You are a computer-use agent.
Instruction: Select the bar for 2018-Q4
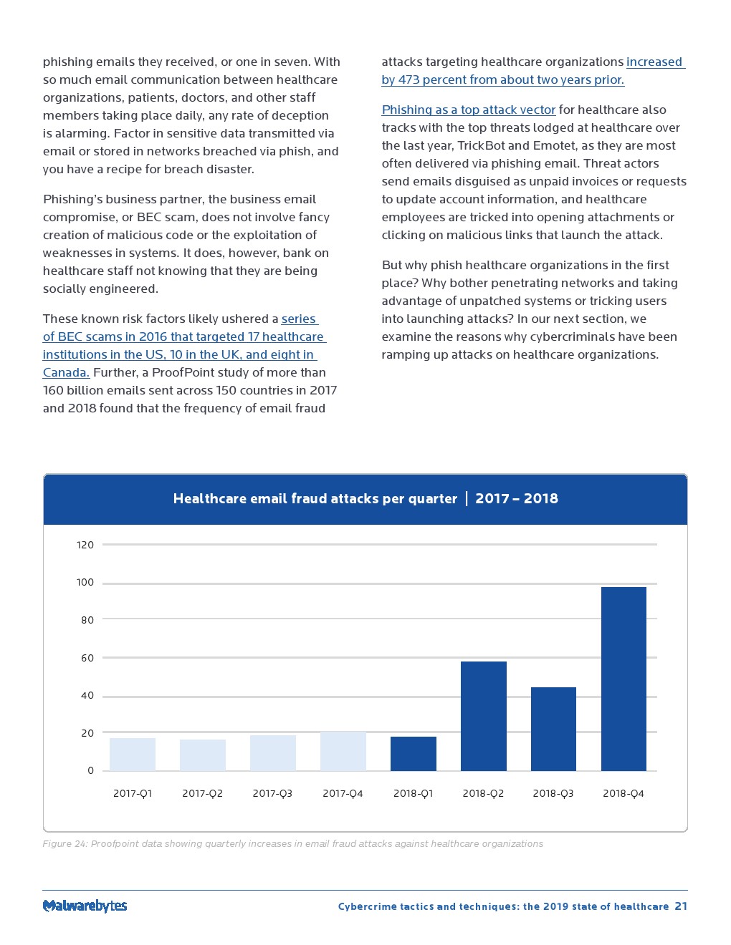[623, 679]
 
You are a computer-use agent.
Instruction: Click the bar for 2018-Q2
[484, 716]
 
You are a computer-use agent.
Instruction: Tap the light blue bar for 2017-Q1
[133, 755]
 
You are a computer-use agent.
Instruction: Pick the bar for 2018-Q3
[553, 729]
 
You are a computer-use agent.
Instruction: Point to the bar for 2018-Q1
[414, 754]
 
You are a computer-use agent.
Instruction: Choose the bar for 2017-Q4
[343, 752]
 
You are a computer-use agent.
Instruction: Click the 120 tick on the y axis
[85, 545]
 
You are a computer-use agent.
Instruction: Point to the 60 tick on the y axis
[87, 658]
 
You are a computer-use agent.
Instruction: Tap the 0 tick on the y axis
[90, 770]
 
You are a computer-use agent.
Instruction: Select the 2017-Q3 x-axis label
[272, 793]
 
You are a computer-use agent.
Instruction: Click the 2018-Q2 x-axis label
[483, 793]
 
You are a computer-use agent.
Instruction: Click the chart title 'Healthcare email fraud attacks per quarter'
[315, 499]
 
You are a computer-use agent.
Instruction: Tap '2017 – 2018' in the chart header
[517, 499]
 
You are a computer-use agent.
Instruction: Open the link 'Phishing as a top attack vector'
[469, 110]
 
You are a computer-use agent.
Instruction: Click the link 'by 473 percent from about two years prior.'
[502, 79]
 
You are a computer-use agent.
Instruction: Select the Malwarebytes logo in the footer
[85, 906]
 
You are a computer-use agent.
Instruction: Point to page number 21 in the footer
[681, 906]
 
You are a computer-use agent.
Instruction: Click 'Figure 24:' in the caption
[64, 843]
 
